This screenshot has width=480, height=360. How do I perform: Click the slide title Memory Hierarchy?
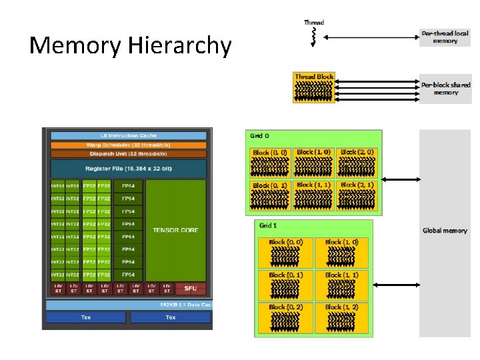tap(131, 46)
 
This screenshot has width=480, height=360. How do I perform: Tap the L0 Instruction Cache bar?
tap(129, 135)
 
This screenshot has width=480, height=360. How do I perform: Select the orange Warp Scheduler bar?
tap(129, 145)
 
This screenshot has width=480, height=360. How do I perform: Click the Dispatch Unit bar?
tap(129, 153)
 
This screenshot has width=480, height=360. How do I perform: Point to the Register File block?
tap(129, 169)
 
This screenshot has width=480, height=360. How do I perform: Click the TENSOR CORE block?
tap(175, 230)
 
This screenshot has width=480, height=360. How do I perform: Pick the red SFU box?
tap(191, 289)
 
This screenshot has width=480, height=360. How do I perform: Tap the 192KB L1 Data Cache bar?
tap(129, 305)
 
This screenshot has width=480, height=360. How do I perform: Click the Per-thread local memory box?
tap(445, 37)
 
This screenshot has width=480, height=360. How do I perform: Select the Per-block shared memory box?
tap(445, 89)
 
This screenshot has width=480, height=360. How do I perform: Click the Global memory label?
tap(445, 231)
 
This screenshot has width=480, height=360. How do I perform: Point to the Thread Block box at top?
tap(314, 87)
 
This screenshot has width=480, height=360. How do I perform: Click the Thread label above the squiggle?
tap(314, 23)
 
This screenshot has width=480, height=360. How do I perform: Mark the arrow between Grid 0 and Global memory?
tap(400, 179)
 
